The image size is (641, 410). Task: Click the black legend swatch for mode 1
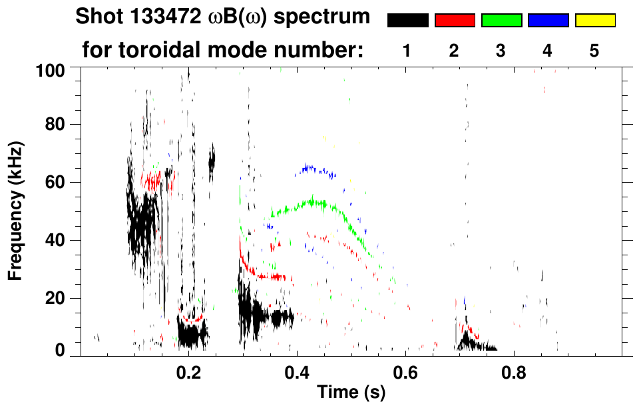tap(407, 21)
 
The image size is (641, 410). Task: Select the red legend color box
tap(455, 21)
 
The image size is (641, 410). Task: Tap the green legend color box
tap(501, 21)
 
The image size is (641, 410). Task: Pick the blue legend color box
tap(548, 21)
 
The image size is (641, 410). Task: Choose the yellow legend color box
tap(594, 21)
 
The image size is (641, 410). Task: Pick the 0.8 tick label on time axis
tap(513, 371)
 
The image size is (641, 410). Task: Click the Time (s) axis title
tap(351, 393)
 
